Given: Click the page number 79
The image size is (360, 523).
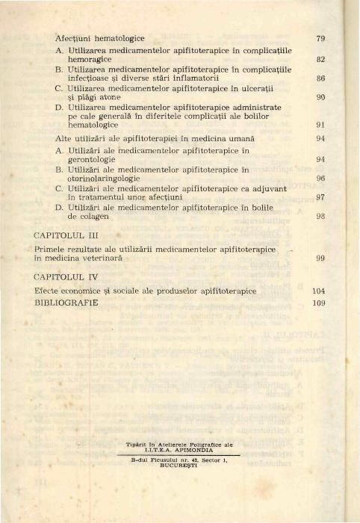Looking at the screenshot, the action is point(320,37).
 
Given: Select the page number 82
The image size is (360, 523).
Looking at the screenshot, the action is point(320,58).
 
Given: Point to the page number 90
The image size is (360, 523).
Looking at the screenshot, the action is point(320,97).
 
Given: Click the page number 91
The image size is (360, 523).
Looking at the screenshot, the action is point(320,126).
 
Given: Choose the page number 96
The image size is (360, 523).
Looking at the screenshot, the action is point(320,179).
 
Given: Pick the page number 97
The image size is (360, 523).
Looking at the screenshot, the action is point(320,198).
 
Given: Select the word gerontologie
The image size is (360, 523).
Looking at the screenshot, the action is point(93,159).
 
